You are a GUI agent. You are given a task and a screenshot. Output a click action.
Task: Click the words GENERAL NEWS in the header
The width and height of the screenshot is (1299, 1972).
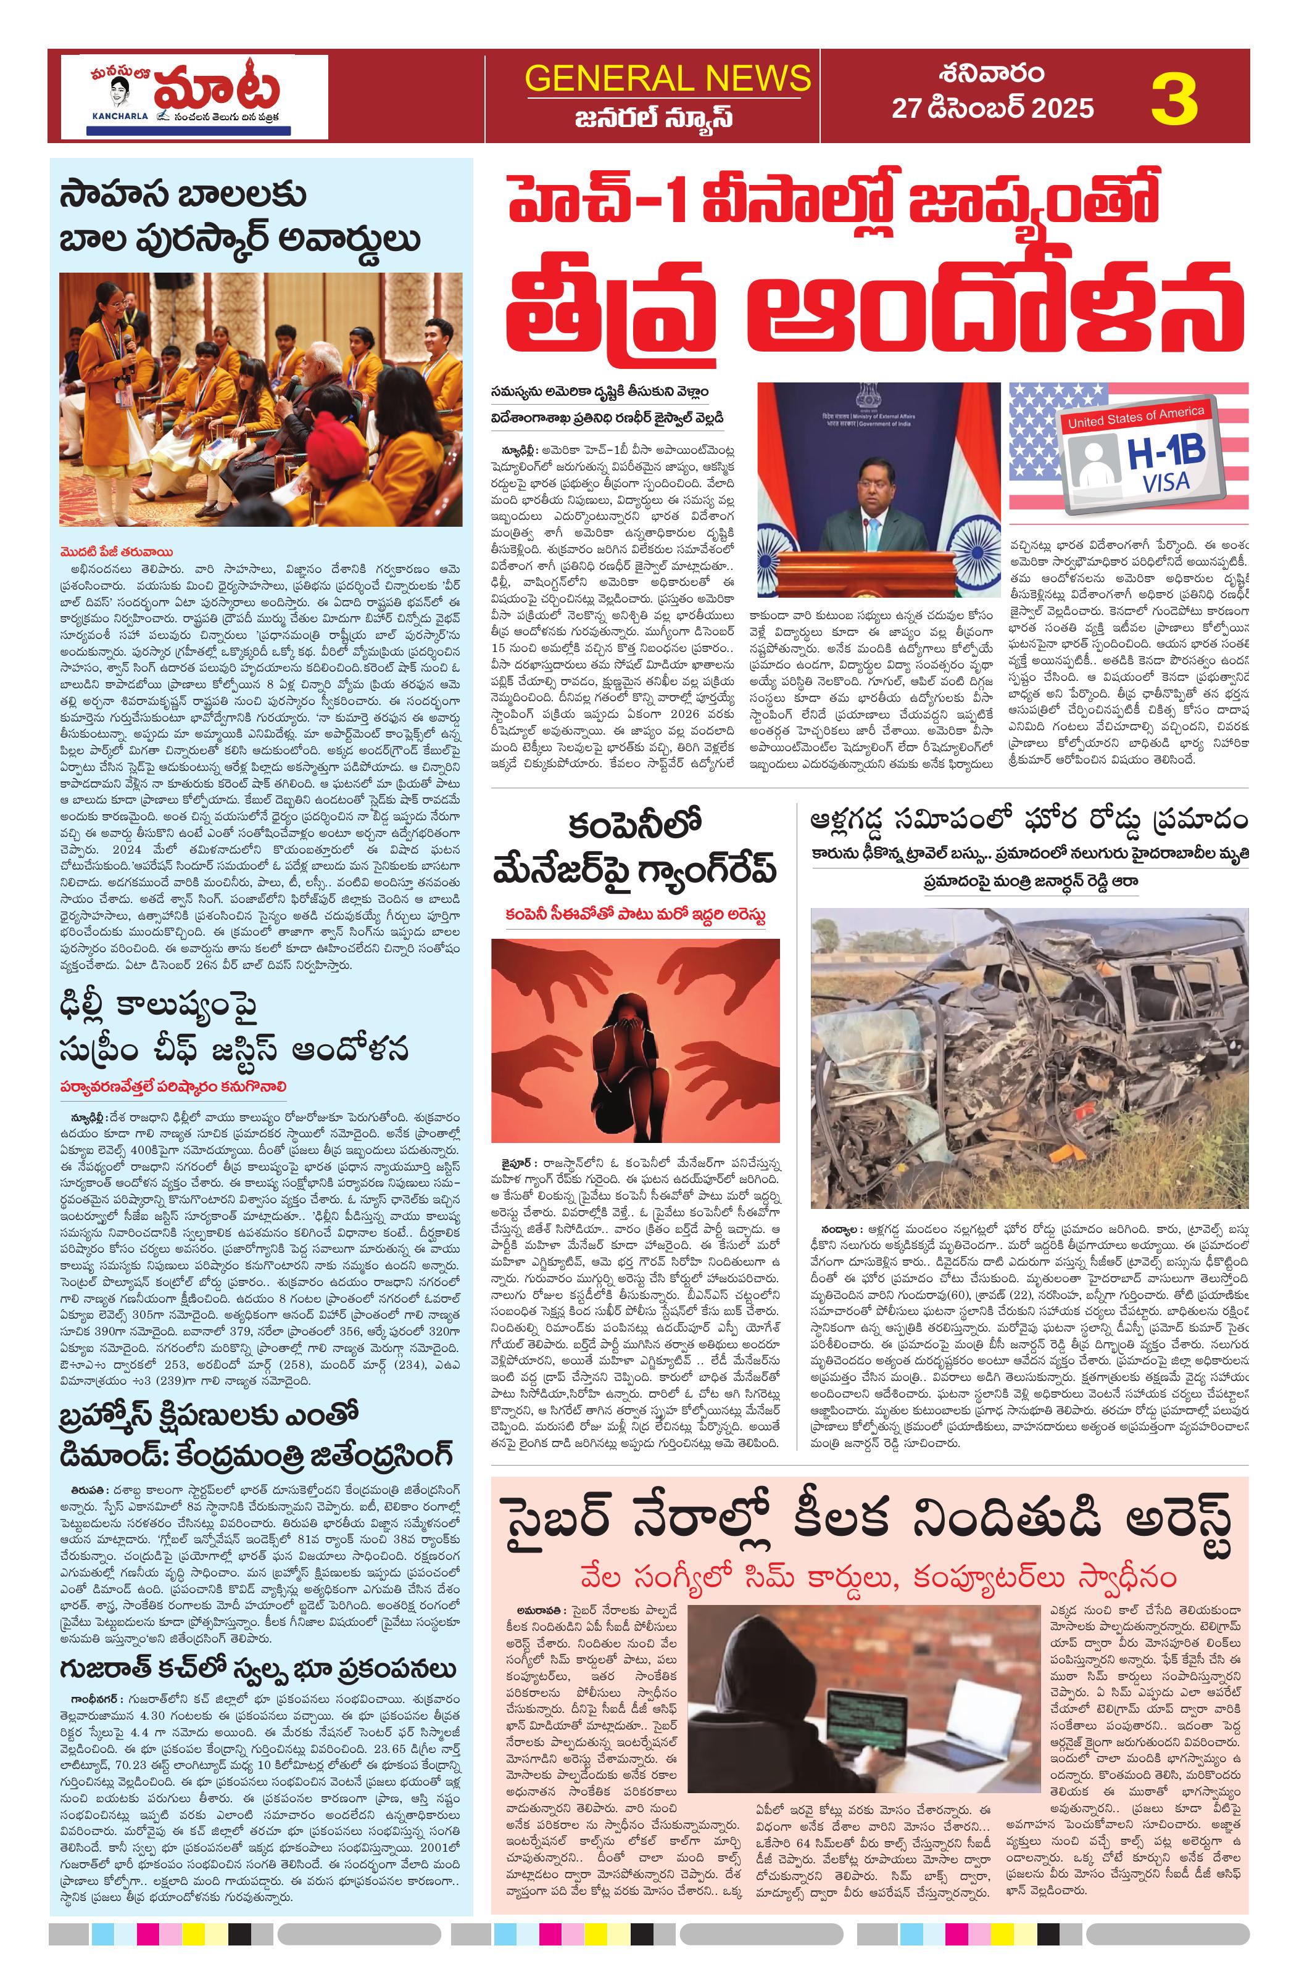tap(667, 78)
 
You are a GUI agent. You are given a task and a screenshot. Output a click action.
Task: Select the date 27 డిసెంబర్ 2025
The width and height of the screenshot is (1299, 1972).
tap(992, 109)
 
